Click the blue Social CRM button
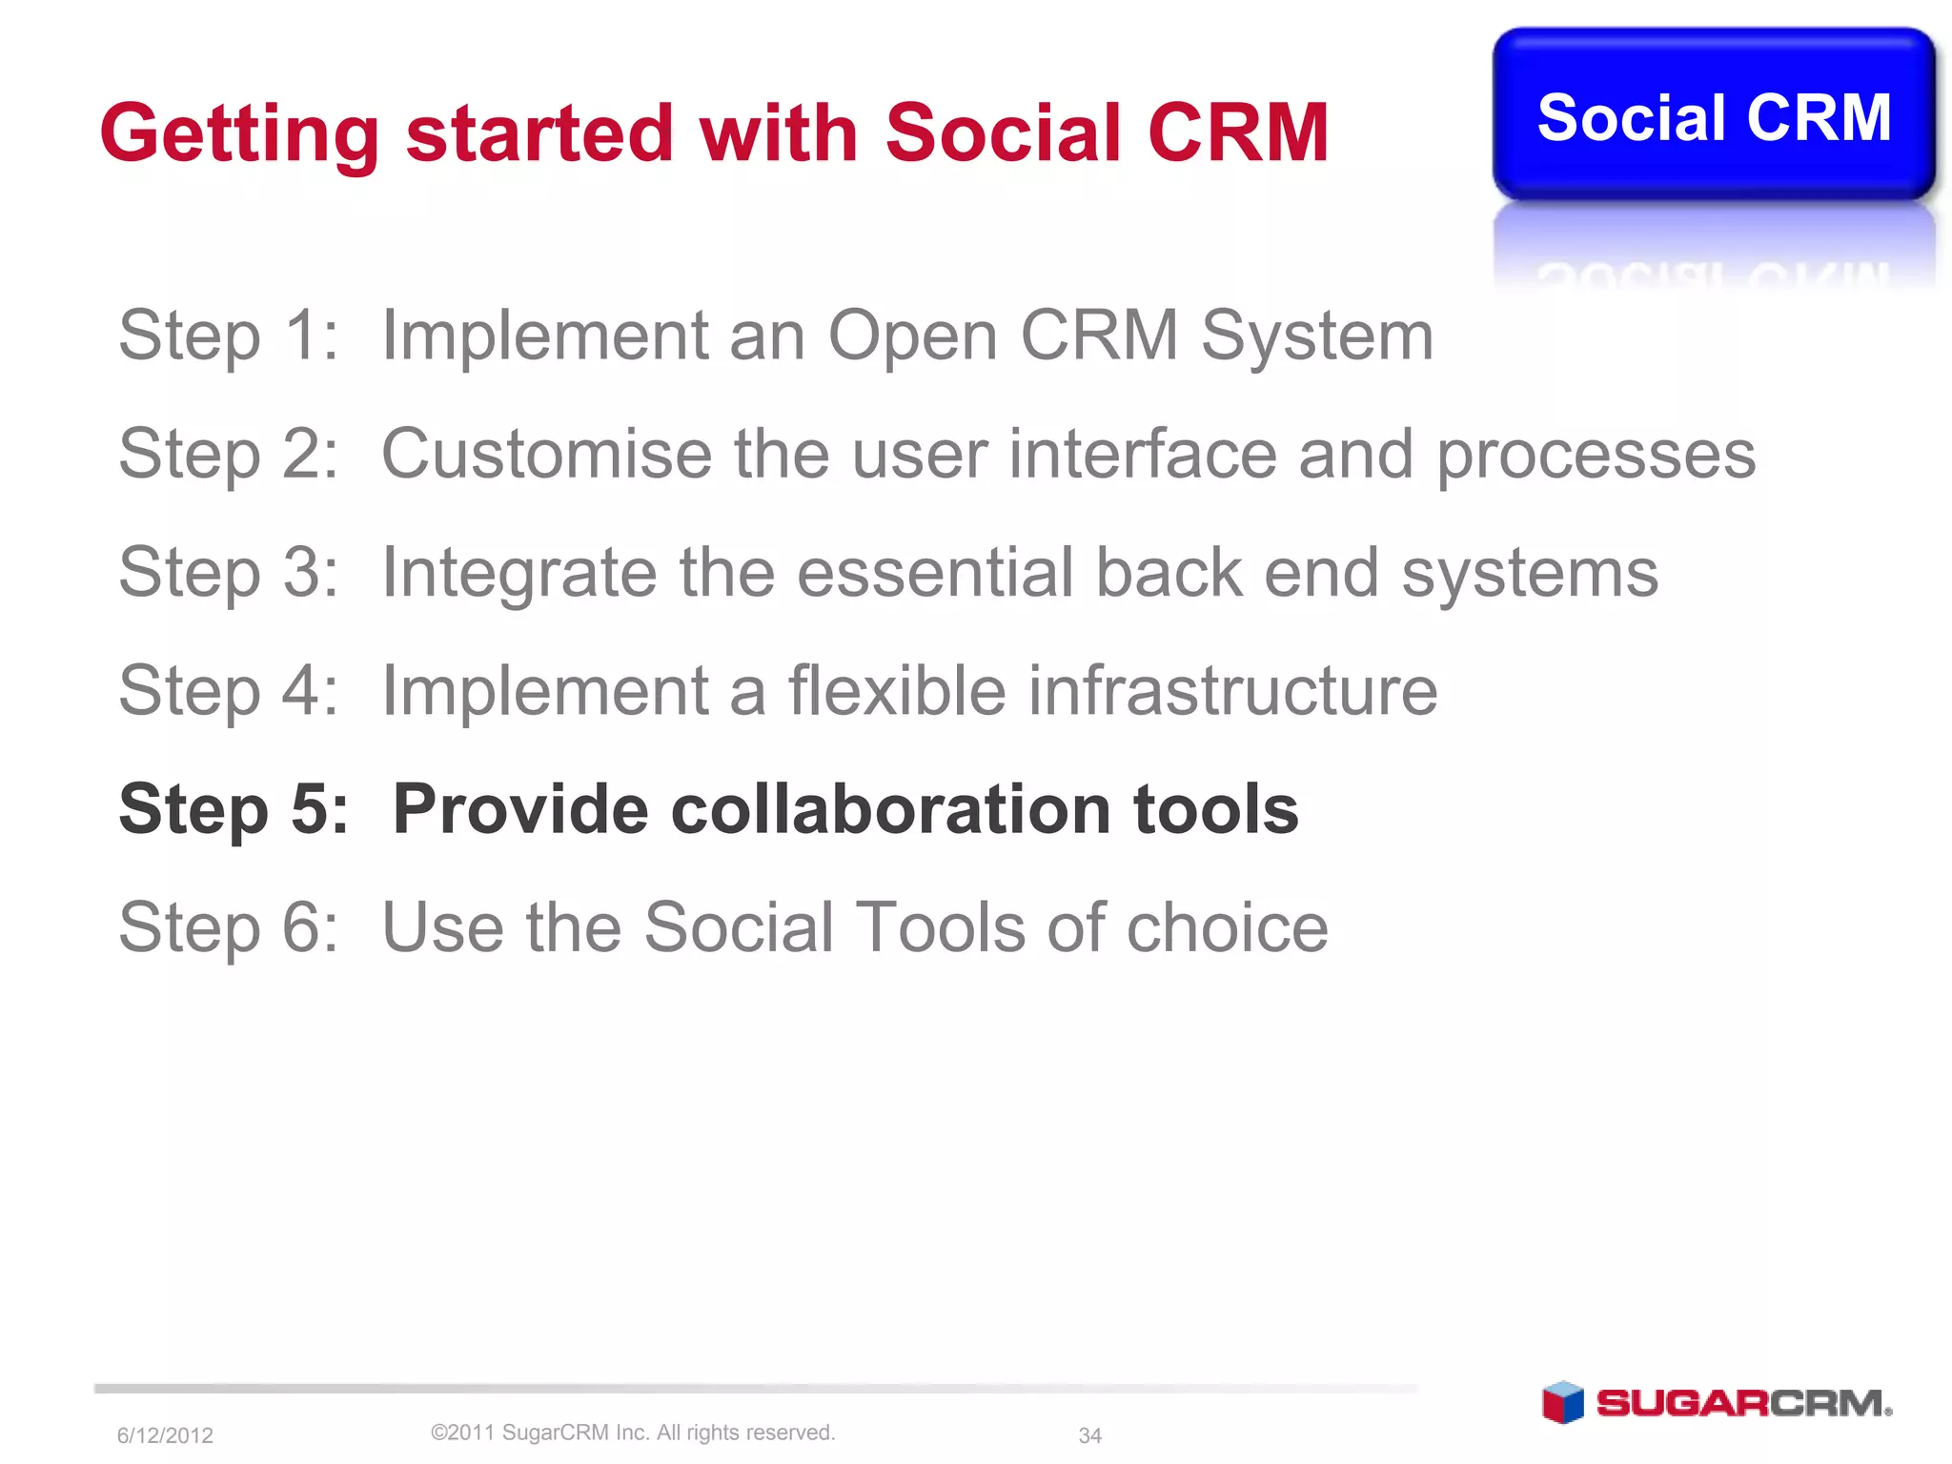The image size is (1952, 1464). pos(1713,116)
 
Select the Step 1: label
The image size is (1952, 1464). pos(228,336)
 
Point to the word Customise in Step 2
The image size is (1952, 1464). pos(546,454)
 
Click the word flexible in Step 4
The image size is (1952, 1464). pos(896,690)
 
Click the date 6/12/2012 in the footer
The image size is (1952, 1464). pos(165,1435)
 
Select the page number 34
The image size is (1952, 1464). pos(1089,1435)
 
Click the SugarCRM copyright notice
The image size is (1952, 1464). pos(633,1433)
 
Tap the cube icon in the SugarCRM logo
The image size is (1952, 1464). pos(1562,1402)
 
